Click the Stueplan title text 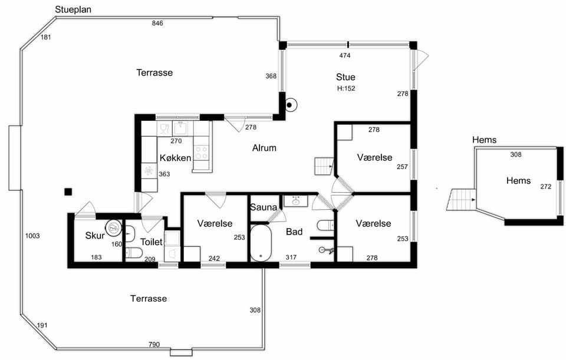pyautogui.click(x=73, y=9)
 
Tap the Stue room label pyautogui.click(x=345, y=77)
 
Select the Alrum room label pyautogui.click(x=264, y=147)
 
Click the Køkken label pyautogui.click(x=176, y=158)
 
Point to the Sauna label pyautogui.click(x=264, y=207)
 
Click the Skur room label pyautogui.click(x=95, y=236)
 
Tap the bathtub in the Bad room pyautogui.click(x=261, y=243)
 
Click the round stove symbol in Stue pyautogui.click(x=289, y=105)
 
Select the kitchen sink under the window pyautogui.click(x=180, y=128)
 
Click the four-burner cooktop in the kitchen pyautogui.click(x=202, y=153)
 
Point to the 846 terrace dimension pyautogui.click(x=157, y=23)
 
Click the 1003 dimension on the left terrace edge pyautogui.click(x=32, y=236)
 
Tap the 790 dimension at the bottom pyautogui.click(x=154, y=345)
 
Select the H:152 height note pyautogui.click(x=346, y=88)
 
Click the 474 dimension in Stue pyautogui.click(x=345, y=55)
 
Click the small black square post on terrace pyautogui.click(x=68, y=191)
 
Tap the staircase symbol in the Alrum pyautogui.click(x=324, y=166)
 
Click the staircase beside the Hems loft pyautogui.click(x=461, y=200)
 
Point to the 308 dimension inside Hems pyautogui.click(x=516, y=155)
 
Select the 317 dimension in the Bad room pyautogui.click(x=291, y=257)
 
